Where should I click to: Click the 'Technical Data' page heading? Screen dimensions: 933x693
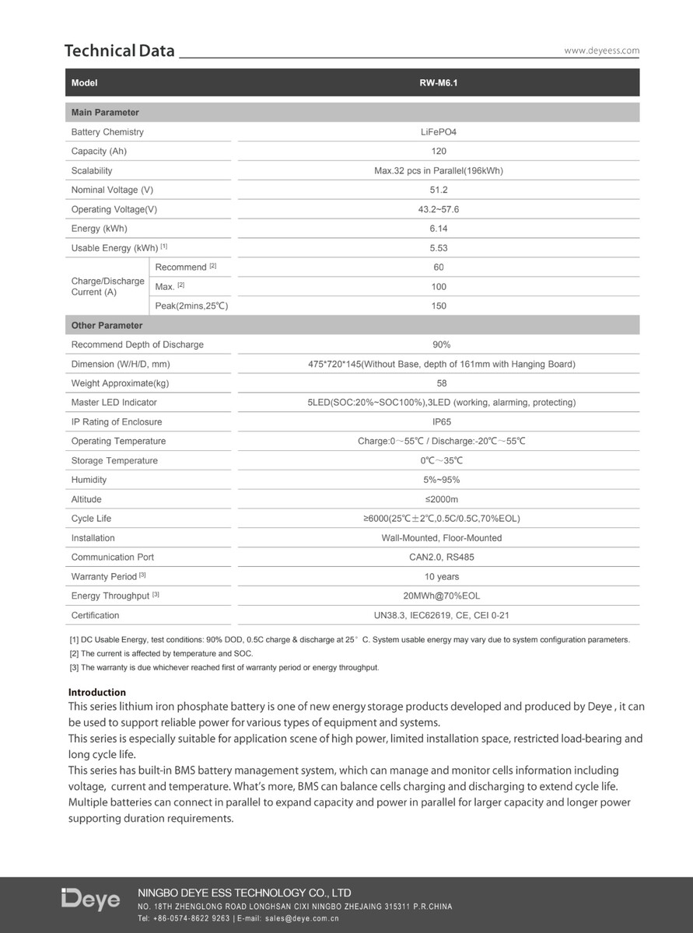pyautogui.click(x=120, y=51)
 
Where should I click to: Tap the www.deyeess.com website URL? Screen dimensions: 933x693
pyautogui.click(x=601, y=51)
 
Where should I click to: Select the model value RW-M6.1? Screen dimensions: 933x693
pyautogui.click(x=438, y=82)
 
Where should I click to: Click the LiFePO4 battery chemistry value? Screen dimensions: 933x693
pyautogui.click(x=438, y=132)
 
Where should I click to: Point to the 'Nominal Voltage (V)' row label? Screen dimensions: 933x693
pyautogui.click(x=112, y=190)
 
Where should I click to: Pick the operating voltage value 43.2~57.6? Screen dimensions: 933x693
pyautogui.click(x=438, y=209)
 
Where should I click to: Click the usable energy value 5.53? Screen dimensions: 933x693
pyautogui.click(x=438, y=248)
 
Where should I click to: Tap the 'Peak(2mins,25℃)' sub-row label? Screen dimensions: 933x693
pyautogui.click(x=191, y=306)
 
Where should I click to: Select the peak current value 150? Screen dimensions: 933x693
pyautogui.click(x=438, y=306)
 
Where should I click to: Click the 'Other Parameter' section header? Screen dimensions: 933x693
pyautogui.click(x=107, y=326)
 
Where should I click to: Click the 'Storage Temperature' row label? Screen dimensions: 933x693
pyautogui.click(x=114, y=461)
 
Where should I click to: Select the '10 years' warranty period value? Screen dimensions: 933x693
pyautogui.click(x=441, y=577)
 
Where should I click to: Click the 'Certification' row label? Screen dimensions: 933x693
pyautogui.click(x=95, y=616)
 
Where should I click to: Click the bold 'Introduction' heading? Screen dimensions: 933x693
pyautogui.click(x=97, y=692)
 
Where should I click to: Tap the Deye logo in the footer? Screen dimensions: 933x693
pyautogui.click(x=91, y=900)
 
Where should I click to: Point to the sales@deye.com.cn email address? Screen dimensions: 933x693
pyautogui.click(x=302, y=918)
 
